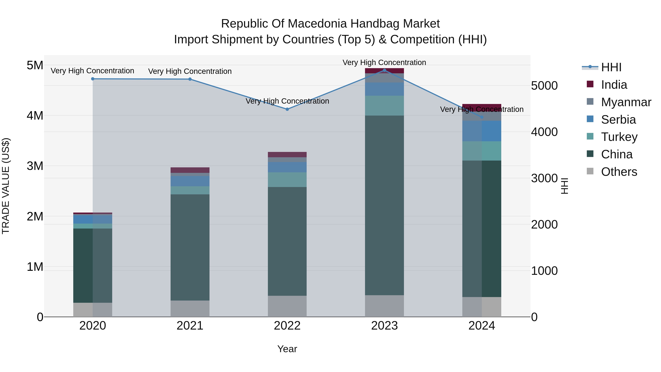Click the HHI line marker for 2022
click(287, 109)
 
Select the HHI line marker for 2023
click(384, 70)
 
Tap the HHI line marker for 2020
click(93, 79)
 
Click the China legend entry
click(617, 154)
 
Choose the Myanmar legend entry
click(626, 102)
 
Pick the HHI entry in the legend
click(611, 67)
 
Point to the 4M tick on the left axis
click(35, 116)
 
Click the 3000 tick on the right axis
click(544, 178)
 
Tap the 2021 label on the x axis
click(190, 326)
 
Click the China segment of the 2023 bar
click(384, 205)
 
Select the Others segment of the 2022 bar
click(287, 306)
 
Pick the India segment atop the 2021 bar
click(190, 170)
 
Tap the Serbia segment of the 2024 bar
click(482, 131)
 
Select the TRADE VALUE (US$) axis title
click(6, 186)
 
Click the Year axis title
click(287, 349)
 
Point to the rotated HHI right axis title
click(565, 186)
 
